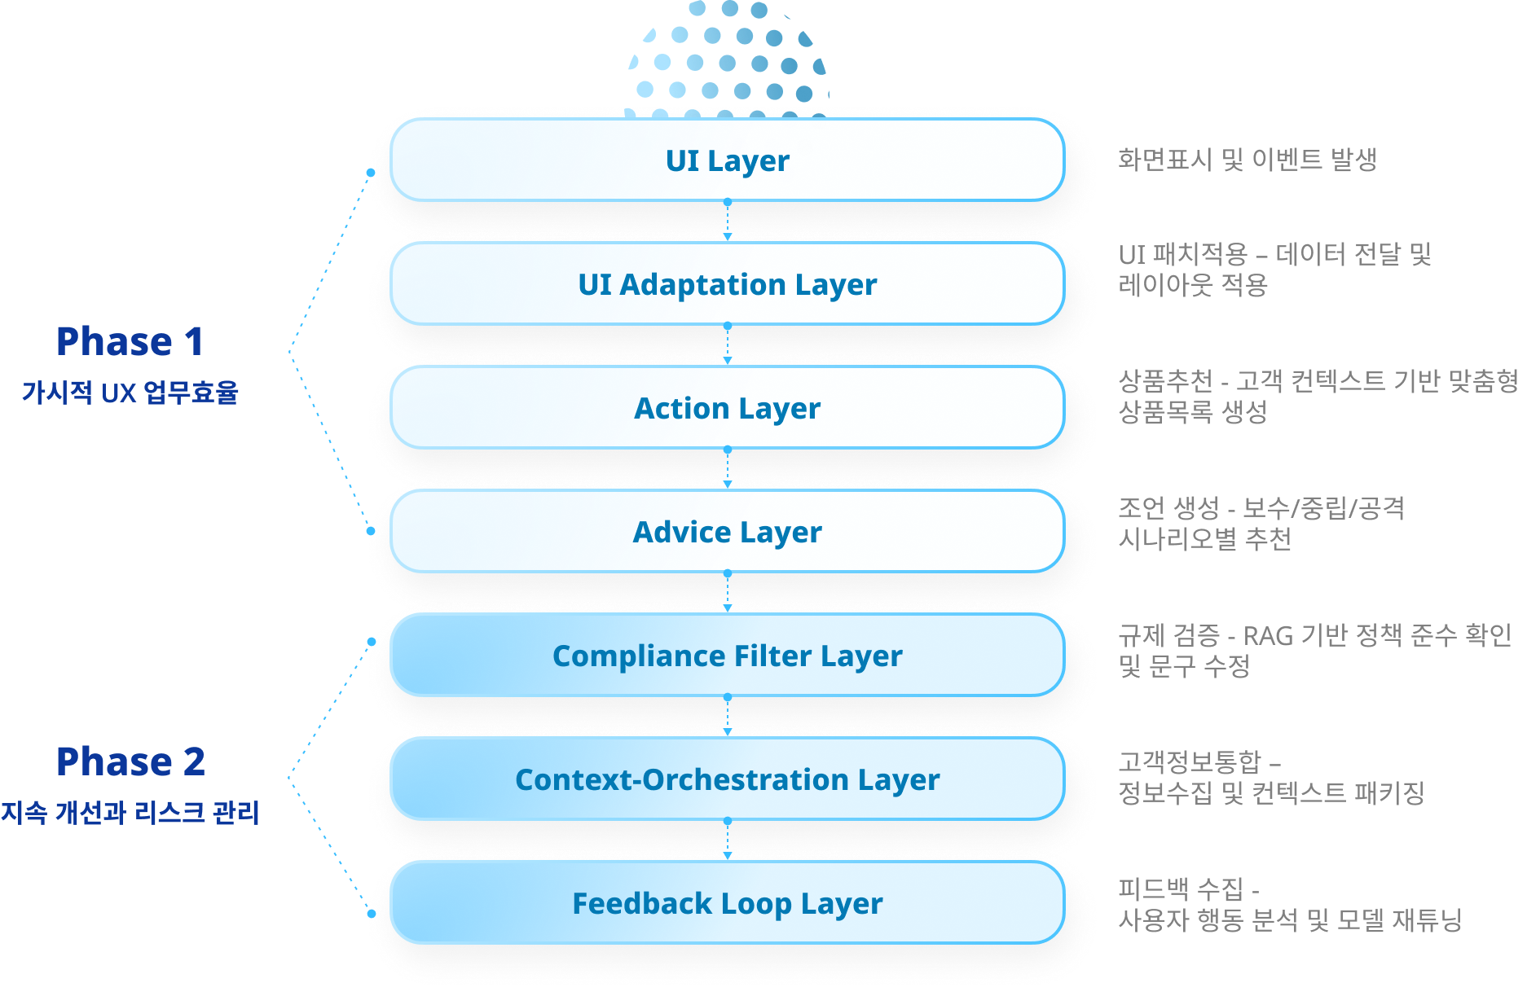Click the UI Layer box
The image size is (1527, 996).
[727, 160]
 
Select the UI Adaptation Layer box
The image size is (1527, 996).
[727, 284]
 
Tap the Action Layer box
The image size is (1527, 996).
[727, 408]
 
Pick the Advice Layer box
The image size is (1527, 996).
[727, 532]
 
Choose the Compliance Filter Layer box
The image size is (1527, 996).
[727, 656]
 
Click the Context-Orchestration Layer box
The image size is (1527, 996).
[727, 779]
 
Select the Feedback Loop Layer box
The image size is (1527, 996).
[727, 903]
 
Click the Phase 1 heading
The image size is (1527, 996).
[130, 341]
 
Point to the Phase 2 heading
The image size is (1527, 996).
[130, 761]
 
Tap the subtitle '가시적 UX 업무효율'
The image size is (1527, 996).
[130, 393]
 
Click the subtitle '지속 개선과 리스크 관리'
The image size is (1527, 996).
[130, 812]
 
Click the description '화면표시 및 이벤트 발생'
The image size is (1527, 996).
[1247, 160]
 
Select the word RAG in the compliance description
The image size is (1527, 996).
[1268, 635]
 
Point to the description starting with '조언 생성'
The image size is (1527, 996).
[1261, 523]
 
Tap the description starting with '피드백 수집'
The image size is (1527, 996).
[1289, 904]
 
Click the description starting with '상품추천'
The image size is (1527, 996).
[1318, 396]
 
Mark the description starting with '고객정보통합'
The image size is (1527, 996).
[1271, 777]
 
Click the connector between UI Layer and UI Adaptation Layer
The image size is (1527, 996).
[728, 221]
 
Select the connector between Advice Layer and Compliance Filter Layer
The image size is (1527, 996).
[728, 592]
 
